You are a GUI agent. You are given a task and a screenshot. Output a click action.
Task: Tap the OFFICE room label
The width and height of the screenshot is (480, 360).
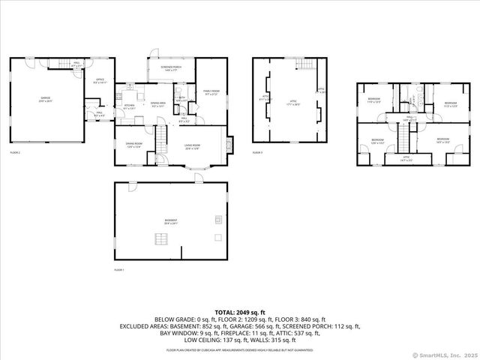[x=100, y=81]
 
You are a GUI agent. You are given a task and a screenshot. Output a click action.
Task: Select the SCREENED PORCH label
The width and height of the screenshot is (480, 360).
[x=171, y=68]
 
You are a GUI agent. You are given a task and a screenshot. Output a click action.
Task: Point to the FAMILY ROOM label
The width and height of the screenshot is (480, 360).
[x=211, y=93]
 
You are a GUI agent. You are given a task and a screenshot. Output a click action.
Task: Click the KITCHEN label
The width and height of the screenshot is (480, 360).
[x=129, y=106]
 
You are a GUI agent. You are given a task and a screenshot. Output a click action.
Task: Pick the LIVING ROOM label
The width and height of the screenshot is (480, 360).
[x=193, y=147]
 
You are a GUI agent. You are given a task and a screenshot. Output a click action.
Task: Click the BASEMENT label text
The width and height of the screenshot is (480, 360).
[x=171, y=220]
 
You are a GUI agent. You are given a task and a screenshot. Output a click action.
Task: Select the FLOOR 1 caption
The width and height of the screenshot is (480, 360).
[x=118, y=269]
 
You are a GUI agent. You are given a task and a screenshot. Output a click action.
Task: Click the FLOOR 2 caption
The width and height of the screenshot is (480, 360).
[x=15, y=152]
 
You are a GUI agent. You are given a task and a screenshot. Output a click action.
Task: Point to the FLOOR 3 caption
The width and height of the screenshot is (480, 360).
[x=257, y=152]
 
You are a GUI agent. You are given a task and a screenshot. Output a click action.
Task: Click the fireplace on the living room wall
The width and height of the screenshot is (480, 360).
[x=229, y=142]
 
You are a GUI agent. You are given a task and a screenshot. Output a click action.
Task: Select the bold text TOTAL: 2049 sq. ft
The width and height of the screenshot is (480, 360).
[x=240, y=311]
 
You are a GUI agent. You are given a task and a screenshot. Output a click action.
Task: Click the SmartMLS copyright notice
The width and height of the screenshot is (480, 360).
[x=445, y=354]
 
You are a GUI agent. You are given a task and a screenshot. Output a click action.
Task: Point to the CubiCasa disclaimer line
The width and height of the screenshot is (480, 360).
[x=240, y=349]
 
